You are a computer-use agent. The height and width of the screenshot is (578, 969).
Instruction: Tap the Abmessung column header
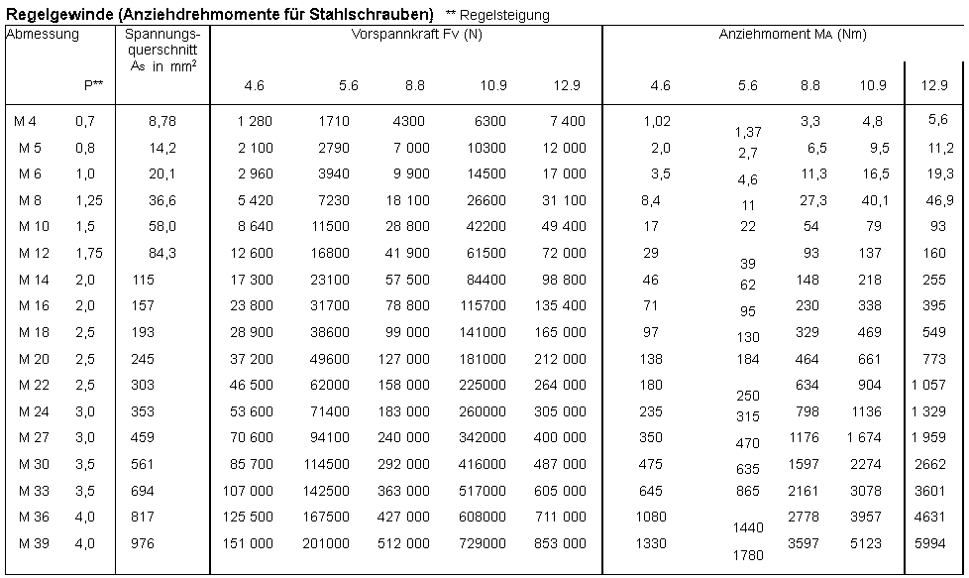(x=43, y=34)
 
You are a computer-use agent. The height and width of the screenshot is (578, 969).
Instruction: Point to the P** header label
(x=93, y=85)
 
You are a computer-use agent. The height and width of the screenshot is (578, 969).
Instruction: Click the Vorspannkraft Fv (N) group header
(x=416, y=34)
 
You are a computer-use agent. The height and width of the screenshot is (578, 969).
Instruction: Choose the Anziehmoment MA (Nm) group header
(x=793, y=34)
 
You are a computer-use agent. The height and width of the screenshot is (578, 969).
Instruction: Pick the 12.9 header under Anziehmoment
(x=933, y=85)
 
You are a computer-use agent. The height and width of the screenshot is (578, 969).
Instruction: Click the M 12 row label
(x=33, y=253)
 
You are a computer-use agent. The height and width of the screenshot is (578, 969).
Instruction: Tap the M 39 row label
(x=33, y=543)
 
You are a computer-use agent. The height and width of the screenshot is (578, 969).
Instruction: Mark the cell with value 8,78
(x=160, y=121)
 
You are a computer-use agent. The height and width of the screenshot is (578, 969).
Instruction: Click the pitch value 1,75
(x=89, y=253)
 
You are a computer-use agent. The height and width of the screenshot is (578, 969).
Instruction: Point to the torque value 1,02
(x=656, y=121)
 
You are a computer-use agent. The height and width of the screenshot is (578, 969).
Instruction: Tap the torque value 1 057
(x=931, y=385)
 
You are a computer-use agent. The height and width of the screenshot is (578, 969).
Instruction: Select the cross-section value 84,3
(x=160, y=253)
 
